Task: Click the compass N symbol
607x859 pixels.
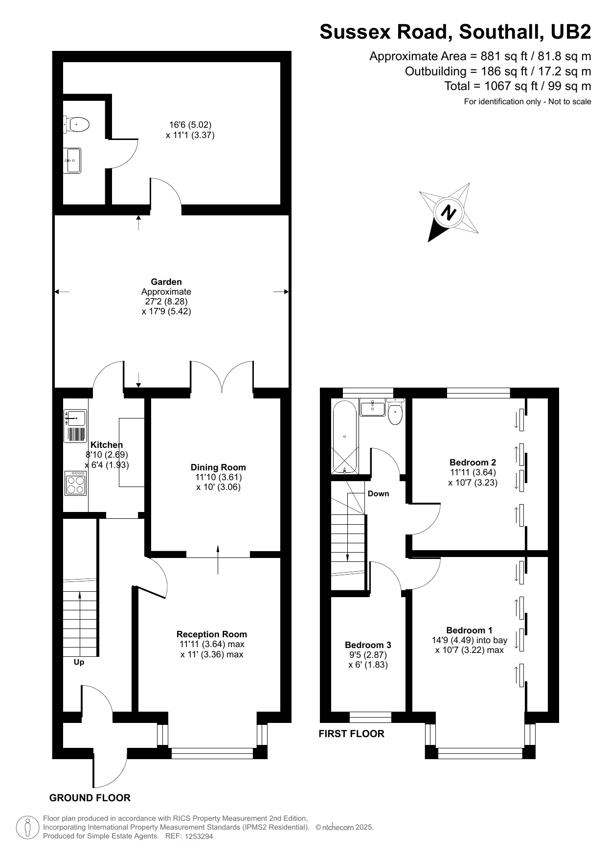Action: [x=449, y=212]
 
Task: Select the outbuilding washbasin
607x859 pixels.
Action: [x=72, y=161]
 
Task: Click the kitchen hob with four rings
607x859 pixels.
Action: [x=75, y=483]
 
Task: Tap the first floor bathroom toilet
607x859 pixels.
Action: [x=395, y=411]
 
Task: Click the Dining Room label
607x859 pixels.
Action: [x=218, y=467]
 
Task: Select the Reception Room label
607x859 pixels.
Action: [x=212, y=634]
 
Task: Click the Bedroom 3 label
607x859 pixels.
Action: [x=368, y=645]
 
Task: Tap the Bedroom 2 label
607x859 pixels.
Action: [x=472, y=463]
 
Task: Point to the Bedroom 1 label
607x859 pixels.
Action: [x=469, y=630]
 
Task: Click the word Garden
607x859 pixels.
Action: [x=166, y=282]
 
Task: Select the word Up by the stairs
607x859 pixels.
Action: [x=79, y=662]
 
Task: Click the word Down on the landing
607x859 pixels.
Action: [x=379, y=493]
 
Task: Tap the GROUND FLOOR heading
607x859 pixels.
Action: [x=90, y=798]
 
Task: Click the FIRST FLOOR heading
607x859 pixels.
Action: [x=351, y=734]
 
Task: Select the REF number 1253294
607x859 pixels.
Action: [x=199, y=836]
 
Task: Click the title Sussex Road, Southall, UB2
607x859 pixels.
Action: [x=455, y=32]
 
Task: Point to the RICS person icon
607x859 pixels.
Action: [x=28, y=827]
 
